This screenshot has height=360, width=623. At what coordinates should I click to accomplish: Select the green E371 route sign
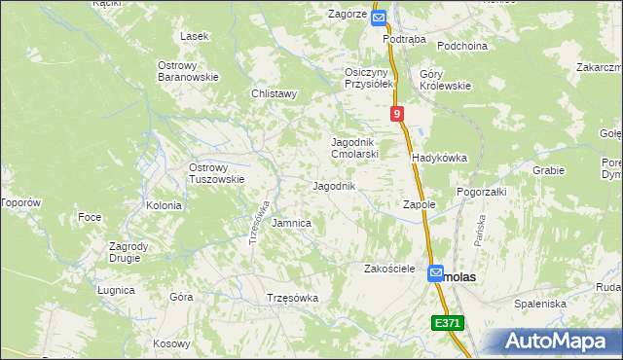coord(448,323)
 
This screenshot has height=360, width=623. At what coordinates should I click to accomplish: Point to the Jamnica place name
coord(291,223)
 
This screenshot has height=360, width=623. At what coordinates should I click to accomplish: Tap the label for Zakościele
coord(389,268)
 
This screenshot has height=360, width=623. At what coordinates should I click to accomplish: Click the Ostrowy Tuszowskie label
coord(215,173)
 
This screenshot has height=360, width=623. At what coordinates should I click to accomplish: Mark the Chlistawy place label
coord(274,94)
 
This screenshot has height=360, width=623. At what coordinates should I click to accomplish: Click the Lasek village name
coord(195,36)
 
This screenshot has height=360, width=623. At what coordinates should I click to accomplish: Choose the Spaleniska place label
coord(540,304)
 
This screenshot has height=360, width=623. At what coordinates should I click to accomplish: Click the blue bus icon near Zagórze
coord(379,17)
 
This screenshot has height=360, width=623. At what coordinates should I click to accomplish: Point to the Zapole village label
coord(418,205)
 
